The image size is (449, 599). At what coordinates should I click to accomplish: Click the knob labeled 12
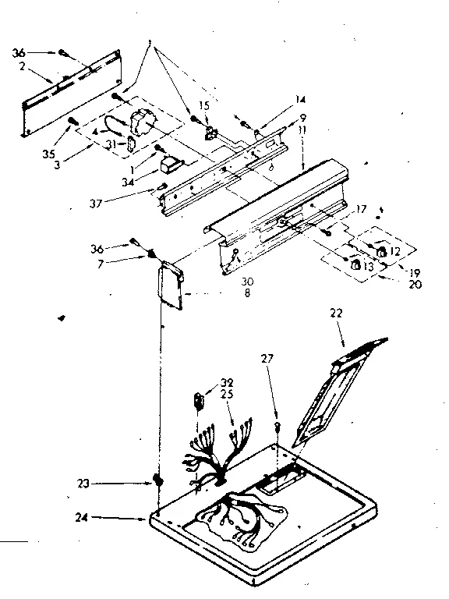pos(382,253)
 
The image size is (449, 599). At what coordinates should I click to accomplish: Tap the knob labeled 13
pos(355,267)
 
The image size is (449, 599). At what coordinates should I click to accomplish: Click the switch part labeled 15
pos(208,132)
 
